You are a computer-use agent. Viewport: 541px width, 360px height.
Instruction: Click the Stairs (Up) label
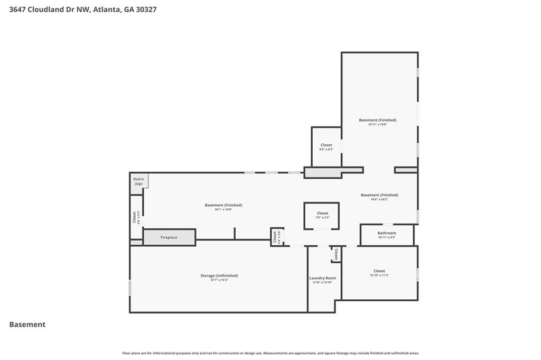(138, 181)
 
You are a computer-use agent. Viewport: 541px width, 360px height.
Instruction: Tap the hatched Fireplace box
(169, 237)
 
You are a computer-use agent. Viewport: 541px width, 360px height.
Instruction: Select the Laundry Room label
(322, 278)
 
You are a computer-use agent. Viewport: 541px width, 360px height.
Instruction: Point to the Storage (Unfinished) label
(219, 275)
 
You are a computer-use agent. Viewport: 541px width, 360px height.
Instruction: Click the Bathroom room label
(386, 233)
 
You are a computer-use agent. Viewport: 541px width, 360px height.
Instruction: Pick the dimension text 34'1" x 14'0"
(223, 210)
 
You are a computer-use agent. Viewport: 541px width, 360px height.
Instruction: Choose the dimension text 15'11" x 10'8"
(377, 125)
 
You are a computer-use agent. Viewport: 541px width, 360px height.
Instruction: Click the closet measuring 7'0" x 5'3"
(322, 214)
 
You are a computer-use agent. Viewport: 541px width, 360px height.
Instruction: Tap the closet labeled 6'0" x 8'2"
(326, 145)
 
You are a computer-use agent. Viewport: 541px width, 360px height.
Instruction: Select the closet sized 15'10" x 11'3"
(379, 271)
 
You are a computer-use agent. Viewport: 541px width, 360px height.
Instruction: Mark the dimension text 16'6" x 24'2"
(379, 200)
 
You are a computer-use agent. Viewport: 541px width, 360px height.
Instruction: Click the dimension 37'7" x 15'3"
(219, 280)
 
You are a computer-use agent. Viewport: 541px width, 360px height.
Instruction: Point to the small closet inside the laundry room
(336, 255)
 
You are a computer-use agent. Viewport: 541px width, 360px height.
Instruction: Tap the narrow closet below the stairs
(136, 217)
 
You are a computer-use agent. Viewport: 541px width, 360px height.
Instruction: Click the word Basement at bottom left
(27, 325)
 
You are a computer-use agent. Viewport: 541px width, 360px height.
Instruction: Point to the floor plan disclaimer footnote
(270, 353)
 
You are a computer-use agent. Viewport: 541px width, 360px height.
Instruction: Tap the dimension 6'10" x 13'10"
(322, 282)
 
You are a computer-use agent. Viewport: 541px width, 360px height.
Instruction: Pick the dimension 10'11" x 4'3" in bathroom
(386, 237)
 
